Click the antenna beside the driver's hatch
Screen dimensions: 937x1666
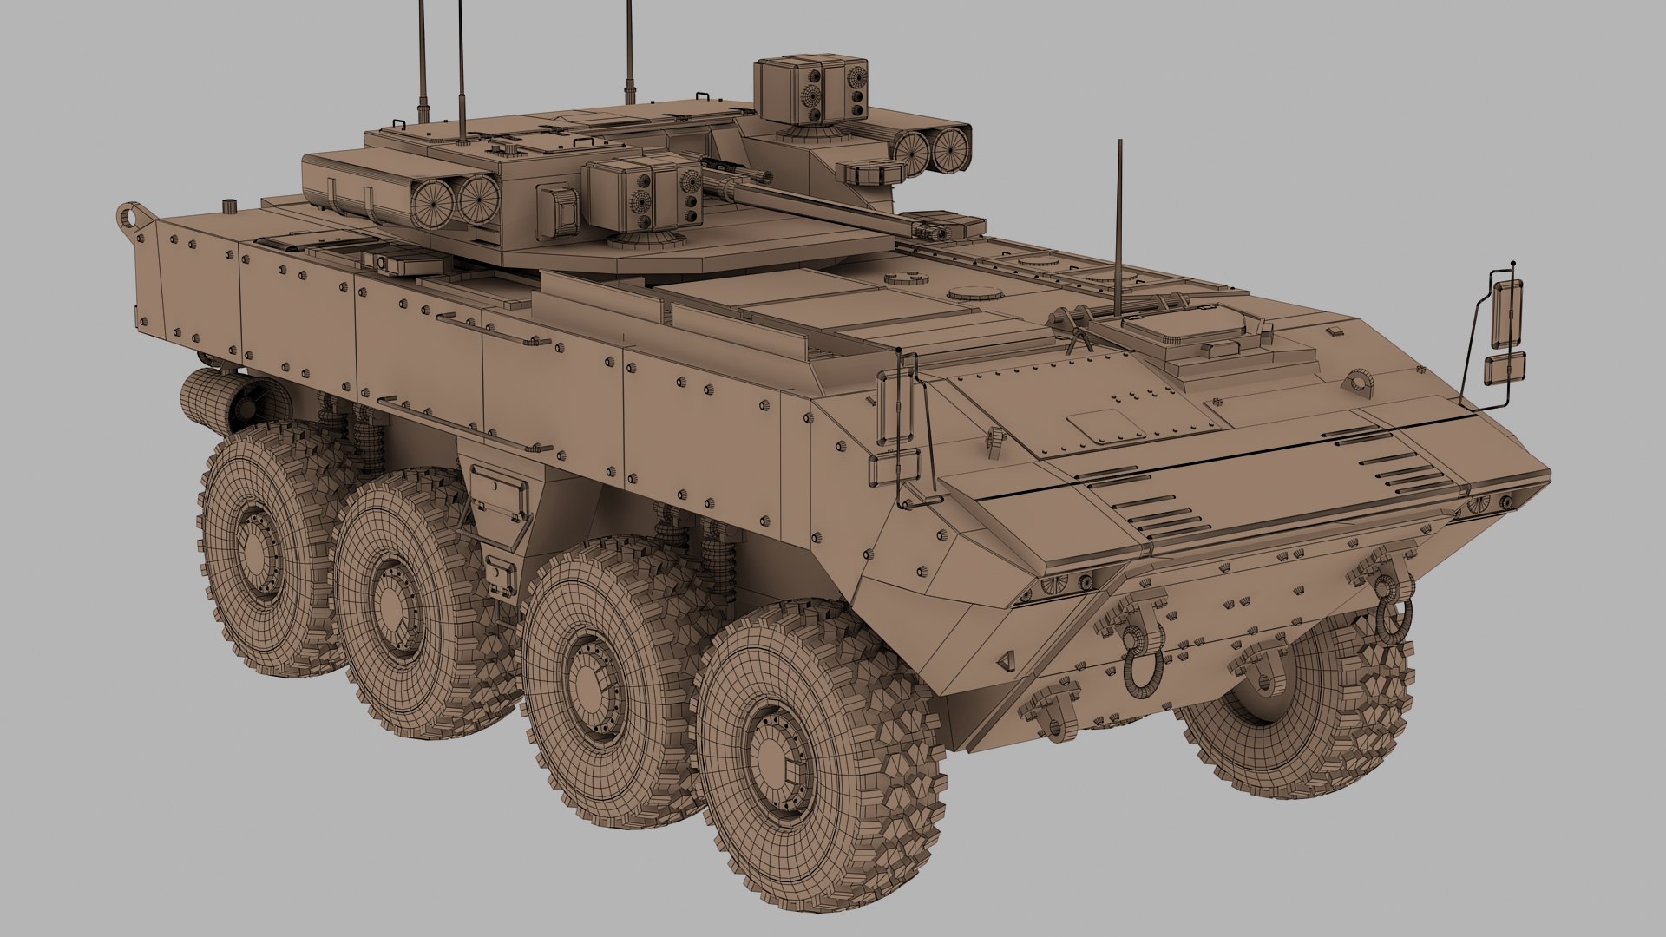coord(1119,234)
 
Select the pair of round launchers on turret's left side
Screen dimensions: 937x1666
coord(454,200)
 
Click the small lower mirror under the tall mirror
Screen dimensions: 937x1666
coord(1505,369)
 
